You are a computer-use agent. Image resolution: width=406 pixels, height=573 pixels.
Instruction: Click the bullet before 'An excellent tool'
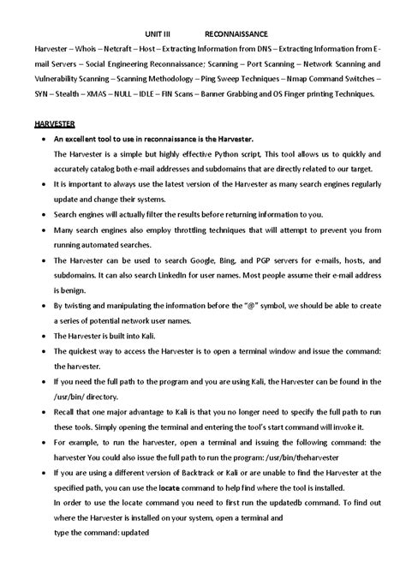[x=33, y=137]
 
